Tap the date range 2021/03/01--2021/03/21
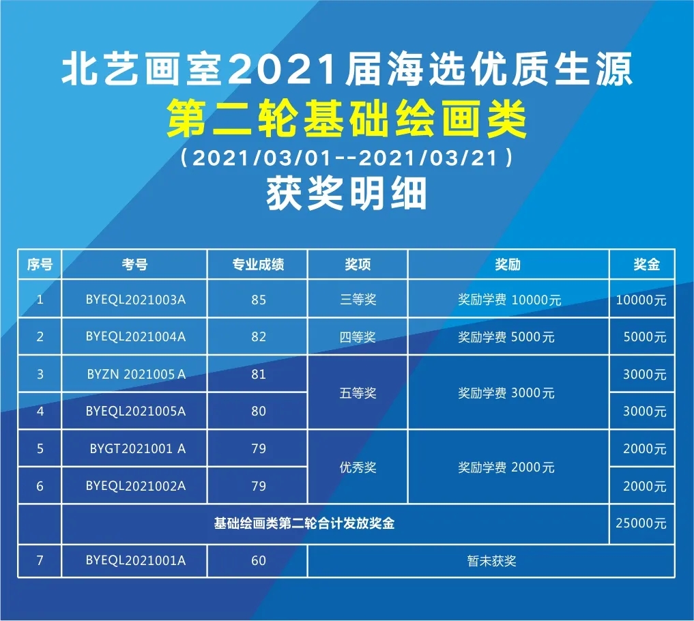pyautogui.click(x=347, y=158)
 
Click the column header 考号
pyautogui.click(x=135, y=264)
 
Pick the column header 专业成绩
pyautogui.click(x=258, y=264)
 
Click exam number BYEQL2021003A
pyautogui.click(x=136, y=299)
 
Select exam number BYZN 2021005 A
pyautogui.click(x=136, y=374)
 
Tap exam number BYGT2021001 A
pyautogui.click(x=137, y=449)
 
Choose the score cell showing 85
pyautogui.click(x=258, y=300)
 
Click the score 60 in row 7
pyautogui.click(x=258, y=561)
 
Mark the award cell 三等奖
pyautogui.click(x=358, y=300)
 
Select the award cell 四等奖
pyautogui.click(x=358, y=337)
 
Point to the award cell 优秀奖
pyautogui.click(x=358, y=468)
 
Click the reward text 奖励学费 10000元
pyautogui.click(x=509, y=300)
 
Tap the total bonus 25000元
pyautogui.click(x=641, y=524)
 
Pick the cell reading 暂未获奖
pyautogui.click(x=491, y=561)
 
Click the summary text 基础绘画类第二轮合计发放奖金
pyautogui.click(x=304, y=524)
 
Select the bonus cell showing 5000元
pyautogui.click(x=644, y=337)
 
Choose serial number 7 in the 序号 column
pyautogui.click(x=40, y=561)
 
